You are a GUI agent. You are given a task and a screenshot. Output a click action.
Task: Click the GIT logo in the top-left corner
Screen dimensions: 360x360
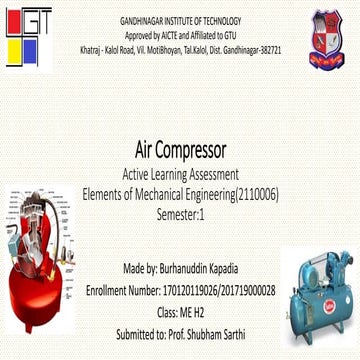pyautogui.click(x=24, y=33)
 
